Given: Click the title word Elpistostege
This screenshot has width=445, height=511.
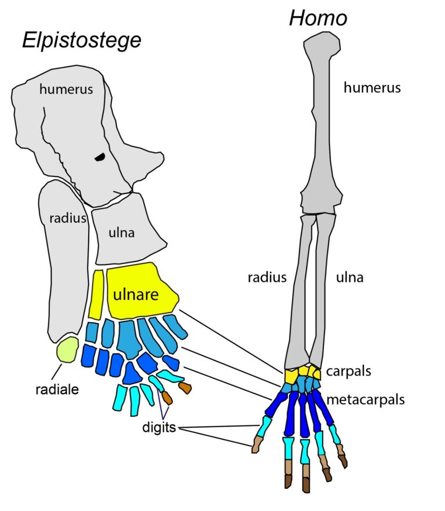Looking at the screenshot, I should (82, 41).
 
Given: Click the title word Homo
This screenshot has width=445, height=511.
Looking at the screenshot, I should (318, 19).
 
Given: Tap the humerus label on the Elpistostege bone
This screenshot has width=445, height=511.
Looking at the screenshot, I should (67, 89).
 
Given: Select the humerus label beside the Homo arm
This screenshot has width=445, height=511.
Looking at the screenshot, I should (372, 88).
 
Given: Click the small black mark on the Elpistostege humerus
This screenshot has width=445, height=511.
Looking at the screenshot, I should (100, 156).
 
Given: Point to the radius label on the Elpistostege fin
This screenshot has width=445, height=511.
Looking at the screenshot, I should (64, 219).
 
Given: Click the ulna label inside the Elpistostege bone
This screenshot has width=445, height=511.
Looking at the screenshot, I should (122, 233).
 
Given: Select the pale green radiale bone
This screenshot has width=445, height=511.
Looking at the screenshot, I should (68, 350).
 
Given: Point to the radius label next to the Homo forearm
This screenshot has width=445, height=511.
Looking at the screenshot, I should (267, 277).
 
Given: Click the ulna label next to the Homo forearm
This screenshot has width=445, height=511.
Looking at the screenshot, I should (350, 277).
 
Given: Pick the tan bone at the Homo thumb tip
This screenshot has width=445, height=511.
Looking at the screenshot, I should (256, 444).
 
